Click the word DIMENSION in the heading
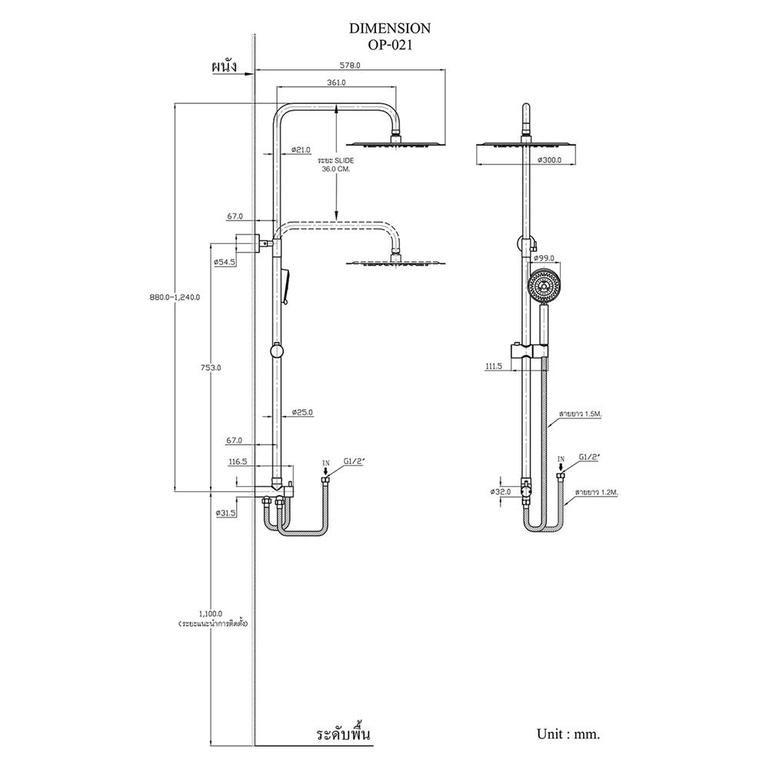coord(390,28)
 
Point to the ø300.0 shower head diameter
coord(549,161)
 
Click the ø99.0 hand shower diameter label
coord(544,258)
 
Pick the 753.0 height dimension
coord(210,368)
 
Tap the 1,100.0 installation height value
coord(210,614)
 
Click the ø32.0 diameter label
coord(501,490)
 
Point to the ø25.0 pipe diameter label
coord(301,413)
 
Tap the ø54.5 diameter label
coord(225,262)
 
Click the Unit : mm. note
coord(569,734)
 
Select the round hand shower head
coord(544,285)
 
